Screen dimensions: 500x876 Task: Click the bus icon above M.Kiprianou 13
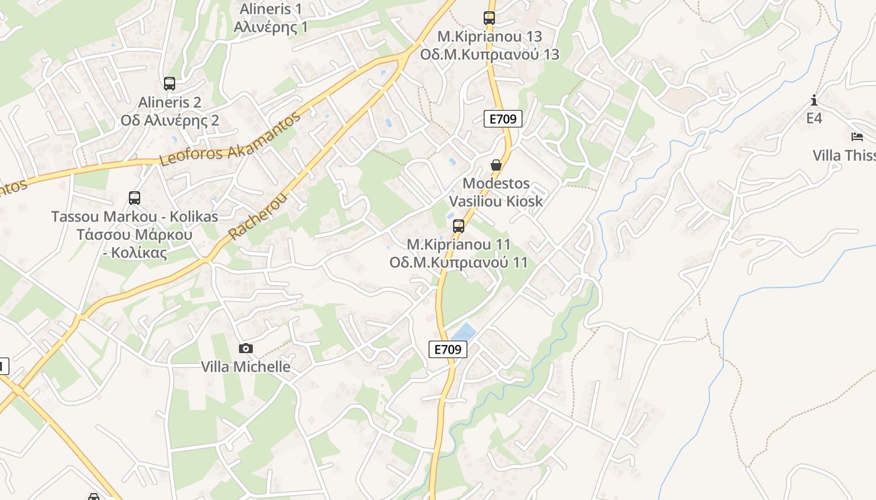click(489, 18)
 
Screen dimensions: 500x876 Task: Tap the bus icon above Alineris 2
click(169, 84)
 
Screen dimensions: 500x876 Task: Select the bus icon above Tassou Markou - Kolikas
click(134, 198)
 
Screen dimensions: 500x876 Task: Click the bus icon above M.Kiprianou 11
click(459, 226)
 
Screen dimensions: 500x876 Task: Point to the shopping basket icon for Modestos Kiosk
click(496, 166)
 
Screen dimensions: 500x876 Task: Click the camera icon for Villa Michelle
click(246, 348)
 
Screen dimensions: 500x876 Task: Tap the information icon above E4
click(813, 100)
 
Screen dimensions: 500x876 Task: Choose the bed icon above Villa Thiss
click(857, 137)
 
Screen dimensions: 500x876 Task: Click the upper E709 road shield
click(503, 119)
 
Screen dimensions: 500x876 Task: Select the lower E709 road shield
click(449, 349)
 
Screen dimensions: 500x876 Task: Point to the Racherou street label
click(258, 216)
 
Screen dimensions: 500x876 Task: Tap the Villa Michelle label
click(246, 367)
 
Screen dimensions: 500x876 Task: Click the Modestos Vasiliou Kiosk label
click(496, 192)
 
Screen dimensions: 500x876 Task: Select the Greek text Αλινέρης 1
click(271, 27)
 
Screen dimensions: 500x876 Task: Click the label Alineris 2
click(170, 102)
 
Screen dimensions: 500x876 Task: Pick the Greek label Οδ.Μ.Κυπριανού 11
click(459, 262)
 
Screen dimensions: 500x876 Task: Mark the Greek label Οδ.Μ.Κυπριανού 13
click(489, 54)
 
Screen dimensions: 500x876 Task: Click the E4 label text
click(814, 118)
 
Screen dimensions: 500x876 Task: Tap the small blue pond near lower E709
click(463, 332)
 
